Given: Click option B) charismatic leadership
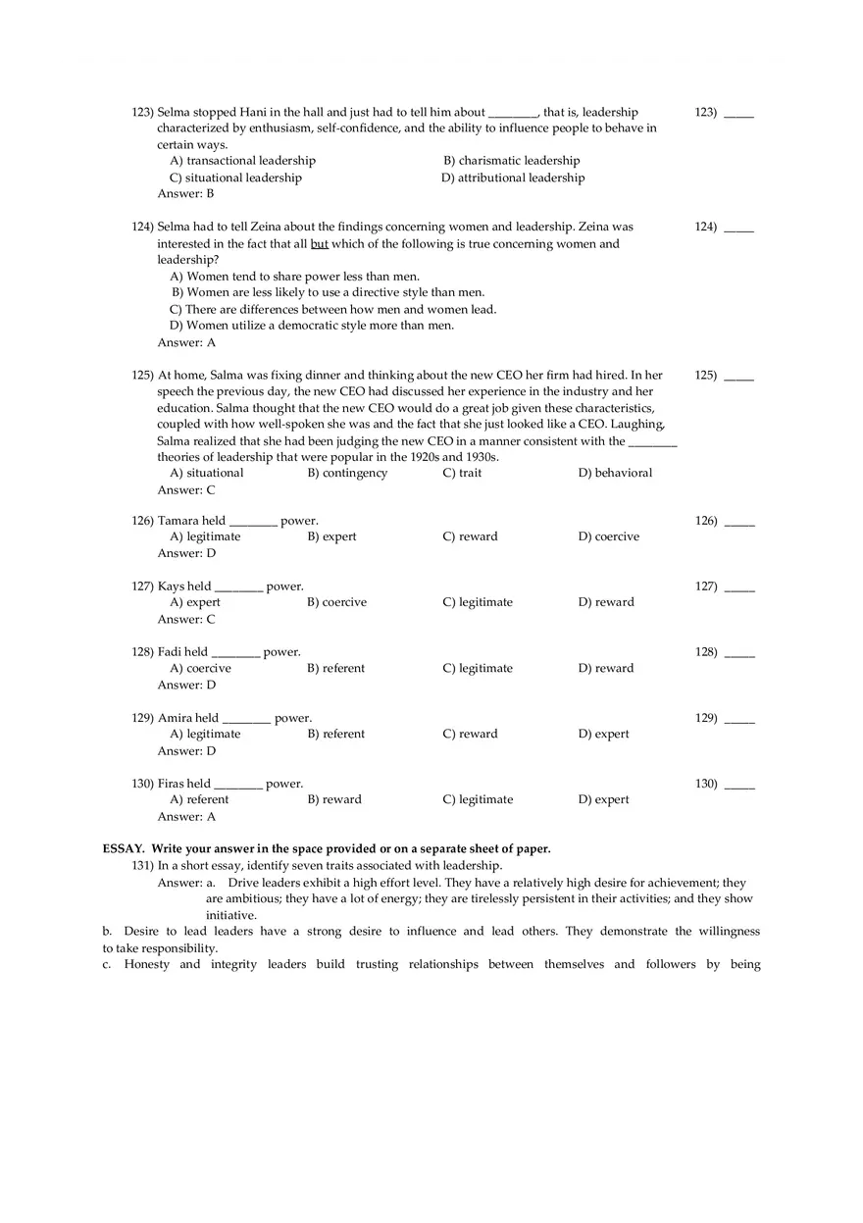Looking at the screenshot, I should coord(511,161).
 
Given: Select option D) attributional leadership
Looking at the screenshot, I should coord(513,178).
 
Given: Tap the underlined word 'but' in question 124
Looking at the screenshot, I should coord(320,244).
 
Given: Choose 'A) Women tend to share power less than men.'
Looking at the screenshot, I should coord(295,277).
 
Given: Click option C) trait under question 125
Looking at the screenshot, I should coord(462,473).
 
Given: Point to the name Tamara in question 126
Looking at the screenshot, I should coord(178,521).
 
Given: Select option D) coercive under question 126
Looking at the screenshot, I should coord(608,537).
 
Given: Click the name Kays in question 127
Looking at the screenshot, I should coord(172,586).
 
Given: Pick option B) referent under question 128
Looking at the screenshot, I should coord(335,669).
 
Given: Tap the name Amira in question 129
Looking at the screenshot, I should coord(176,718).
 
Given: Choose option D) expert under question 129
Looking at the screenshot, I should coord(603,735).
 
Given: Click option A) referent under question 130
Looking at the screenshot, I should coord(199,800).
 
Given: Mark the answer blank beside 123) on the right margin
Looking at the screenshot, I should coord(738,114).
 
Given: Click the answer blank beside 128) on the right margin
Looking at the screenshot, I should coord(739,653).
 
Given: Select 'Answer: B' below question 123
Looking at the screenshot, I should coord(186,194).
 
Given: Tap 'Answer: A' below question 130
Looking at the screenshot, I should coord(186,817).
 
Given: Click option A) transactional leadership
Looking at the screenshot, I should coord(242,161).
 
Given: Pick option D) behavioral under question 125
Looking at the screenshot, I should coord(615,473).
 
